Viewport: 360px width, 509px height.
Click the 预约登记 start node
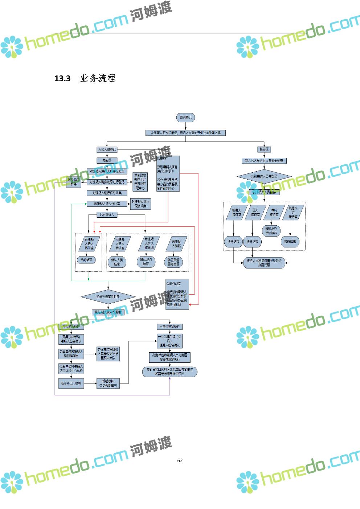tap(185, 118)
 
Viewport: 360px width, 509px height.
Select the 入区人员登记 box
tap(107, 149)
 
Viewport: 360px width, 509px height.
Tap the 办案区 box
tap(107, 160)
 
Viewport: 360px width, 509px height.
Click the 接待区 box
tap(264, 149)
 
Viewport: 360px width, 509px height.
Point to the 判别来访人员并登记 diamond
tap(264, 177)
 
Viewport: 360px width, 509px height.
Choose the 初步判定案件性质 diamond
tap(108, 297)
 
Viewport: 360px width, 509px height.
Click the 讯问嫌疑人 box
tap(107, 215)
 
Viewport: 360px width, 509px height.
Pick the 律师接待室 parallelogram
tap(274, 213)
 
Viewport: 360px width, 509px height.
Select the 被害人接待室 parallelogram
tap(236, 213)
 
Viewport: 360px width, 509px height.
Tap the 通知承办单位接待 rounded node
tap(271, 231)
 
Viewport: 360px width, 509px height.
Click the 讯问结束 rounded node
tap(86, 260)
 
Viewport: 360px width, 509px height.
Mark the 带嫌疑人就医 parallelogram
tap(176, 244)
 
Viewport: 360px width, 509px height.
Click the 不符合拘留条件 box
tap(169, 327)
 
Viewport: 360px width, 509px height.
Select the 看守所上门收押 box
tap(71, 383)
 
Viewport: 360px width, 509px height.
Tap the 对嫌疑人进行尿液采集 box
tap(140, 204)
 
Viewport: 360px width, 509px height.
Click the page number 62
tap(180, 460)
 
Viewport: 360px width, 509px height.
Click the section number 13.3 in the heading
tap(62, 78)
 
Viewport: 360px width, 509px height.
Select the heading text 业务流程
tap(98, 78)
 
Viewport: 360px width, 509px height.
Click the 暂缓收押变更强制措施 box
tap(108, 383)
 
